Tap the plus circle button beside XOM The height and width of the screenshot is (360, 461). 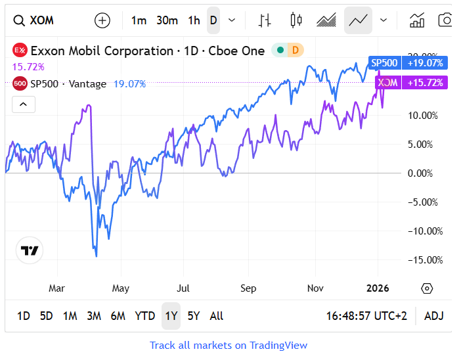pos(102,20)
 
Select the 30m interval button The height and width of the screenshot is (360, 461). pos(167,20)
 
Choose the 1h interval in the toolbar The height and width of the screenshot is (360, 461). pos(194,20)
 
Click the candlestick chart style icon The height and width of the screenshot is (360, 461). pos(296,20)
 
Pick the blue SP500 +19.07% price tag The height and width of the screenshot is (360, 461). pos(408,63)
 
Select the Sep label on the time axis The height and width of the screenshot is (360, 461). pos(248,288)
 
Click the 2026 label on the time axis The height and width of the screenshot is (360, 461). pos(378,288)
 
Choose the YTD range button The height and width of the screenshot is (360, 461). pos(144,316)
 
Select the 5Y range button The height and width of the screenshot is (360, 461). pos(193,316)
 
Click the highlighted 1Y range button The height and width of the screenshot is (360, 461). pos(171,316)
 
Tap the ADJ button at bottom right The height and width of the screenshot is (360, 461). pos(434,316)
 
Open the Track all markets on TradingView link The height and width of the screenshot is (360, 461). pos(229,346)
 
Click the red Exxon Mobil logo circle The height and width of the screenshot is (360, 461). pos(20,51)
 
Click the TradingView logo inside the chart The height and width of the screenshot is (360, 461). pos(30,250)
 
